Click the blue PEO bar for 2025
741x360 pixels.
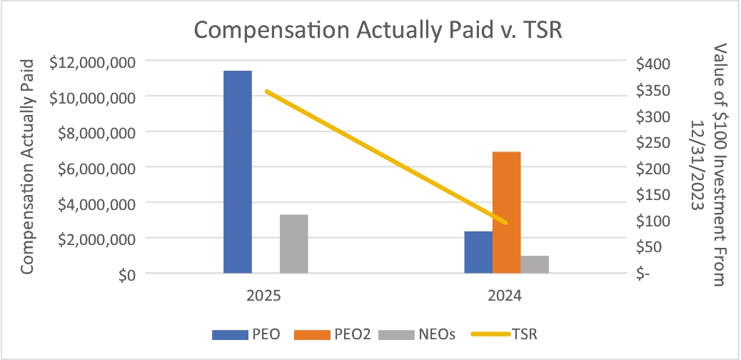tap(238, 171)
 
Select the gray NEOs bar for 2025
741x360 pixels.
tap(294, 244)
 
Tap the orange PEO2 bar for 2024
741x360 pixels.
tap(507, 212)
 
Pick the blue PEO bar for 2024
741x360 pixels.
tap(478, 252)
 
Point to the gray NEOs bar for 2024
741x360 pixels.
tap(535, 264)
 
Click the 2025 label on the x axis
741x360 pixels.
tap(263, 296)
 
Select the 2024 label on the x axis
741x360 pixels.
tap(505, 296)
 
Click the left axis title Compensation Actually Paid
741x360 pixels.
tap(28, 167)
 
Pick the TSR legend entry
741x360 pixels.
tap(504, 334)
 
